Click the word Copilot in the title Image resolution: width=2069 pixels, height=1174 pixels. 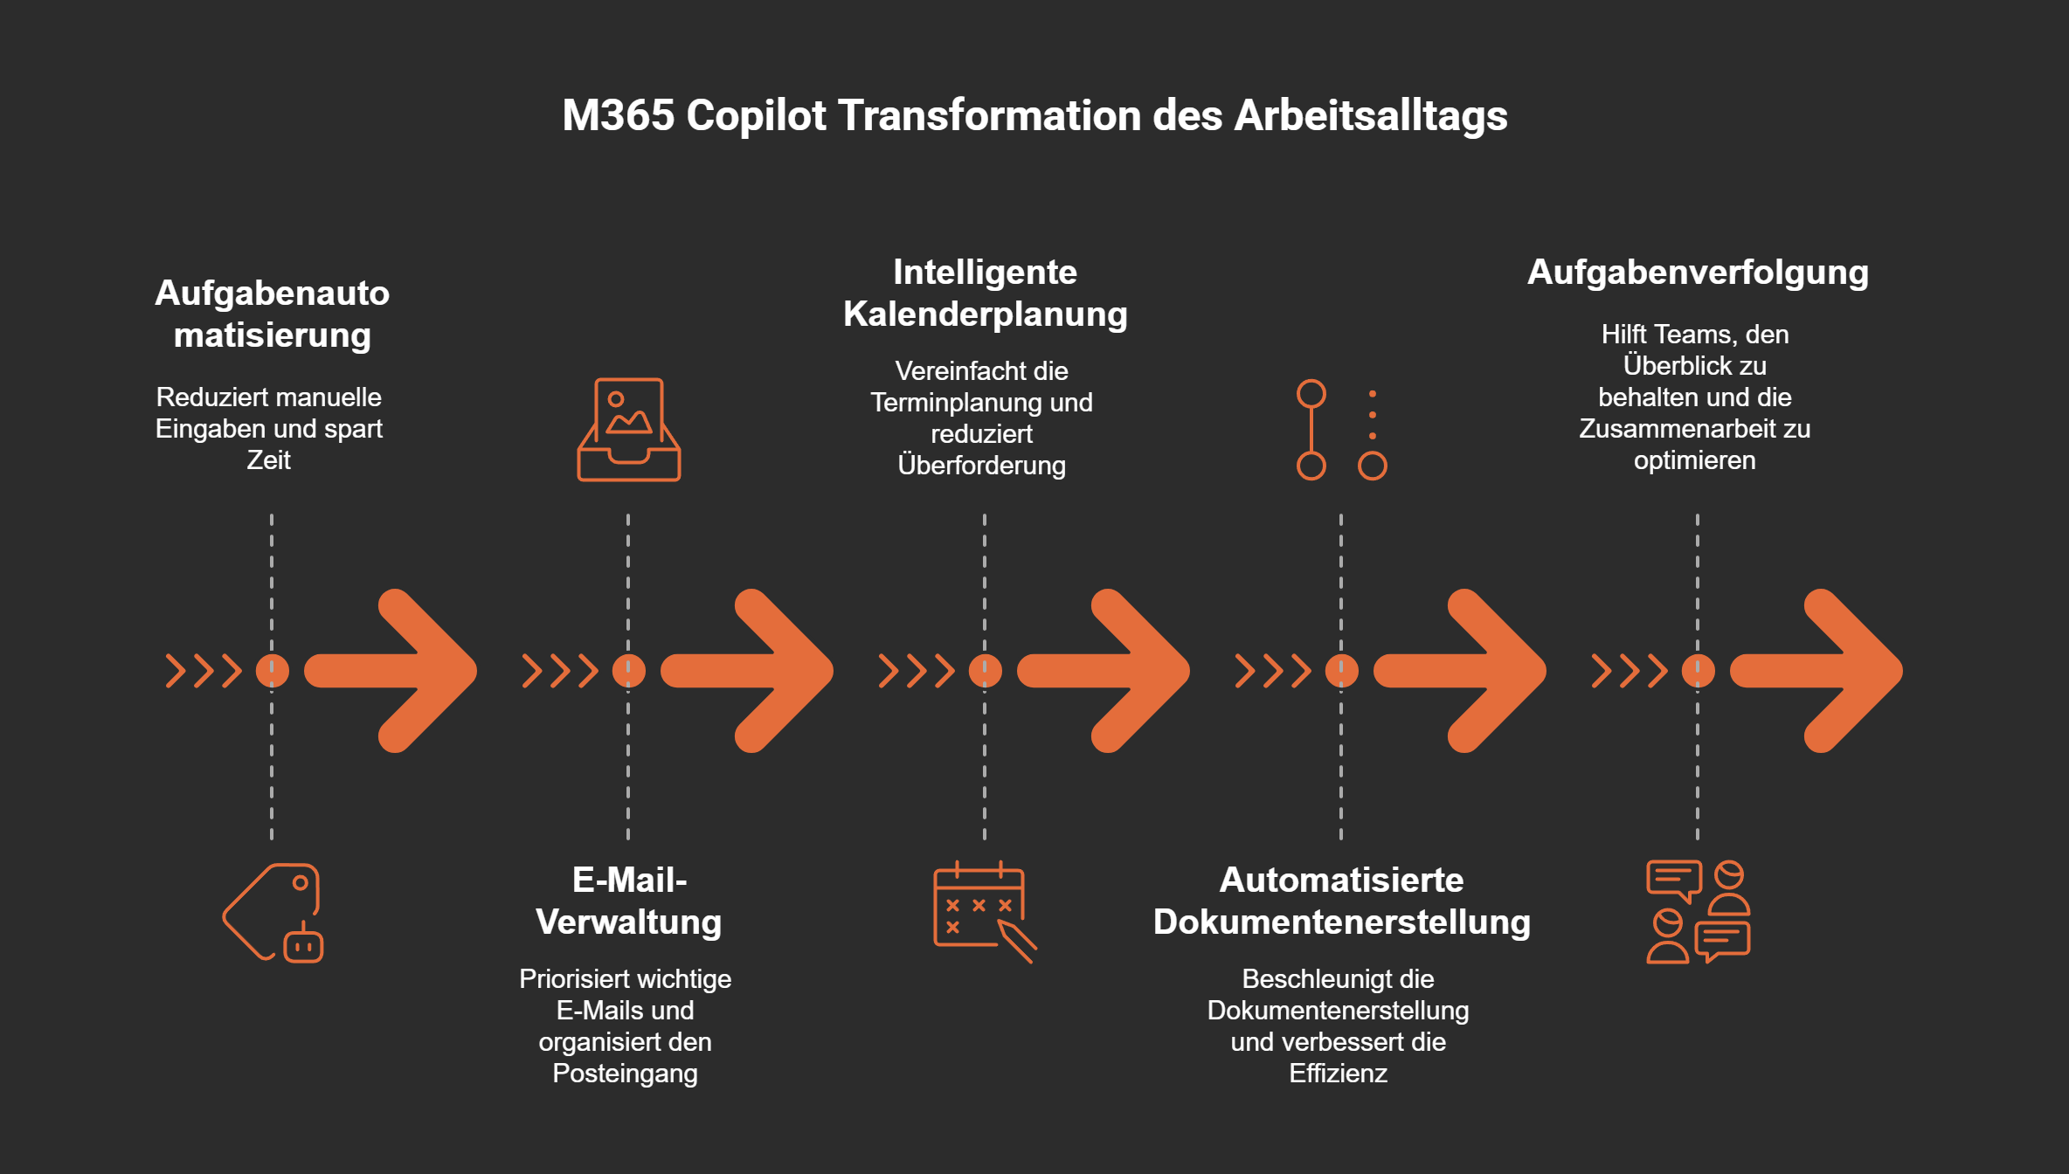(x=756, y=115)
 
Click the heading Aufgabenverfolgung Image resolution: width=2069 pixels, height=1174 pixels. (x=1698, y=273)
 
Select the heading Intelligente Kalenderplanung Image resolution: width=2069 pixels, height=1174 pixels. (x=985, y=293)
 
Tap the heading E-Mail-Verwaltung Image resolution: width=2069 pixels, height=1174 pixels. (x=629, y=901)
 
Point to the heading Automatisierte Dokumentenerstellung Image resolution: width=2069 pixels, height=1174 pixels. (x=1341, y=901)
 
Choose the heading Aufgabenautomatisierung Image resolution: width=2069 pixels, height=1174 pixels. (x=272, y=314)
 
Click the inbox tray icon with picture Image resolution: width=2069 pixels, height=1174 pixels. (x=628, y=430)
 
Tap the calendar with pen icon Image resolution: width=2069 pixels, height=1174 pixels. (x=984, y=912)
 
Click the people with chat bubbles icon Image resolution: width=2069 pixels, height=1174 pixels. (x=1698, y=912)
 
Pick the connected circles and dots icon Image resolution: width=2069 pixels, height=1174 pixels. (x=1341, y=430)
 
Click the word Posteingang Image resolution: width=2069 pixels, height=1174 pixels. (x=625, y=1073)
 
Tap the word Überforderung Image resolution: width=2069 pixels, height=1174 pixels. (x=981, y=465)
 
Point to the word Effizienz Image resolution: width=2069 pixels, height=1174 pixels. (x=1338, y=1073)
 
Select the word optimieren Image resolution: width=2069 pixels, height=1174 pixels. (x=1694, y=460)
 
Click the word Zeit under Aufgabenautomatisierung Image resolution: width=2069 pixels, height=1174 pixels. (x=268, y=460)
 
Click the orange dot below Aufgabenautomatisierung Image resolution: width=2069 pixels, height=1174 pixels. (x=273, y=671)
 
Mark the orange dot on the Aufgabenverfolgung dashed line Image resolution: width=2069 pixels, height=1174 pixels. (x=1698, y=671)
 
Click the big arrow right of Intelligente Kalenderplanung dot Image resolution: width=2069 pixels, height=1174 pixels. (x=1105, y=671)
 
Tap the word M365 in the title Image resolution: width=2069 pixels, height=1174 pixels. (x=618, y=115)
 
